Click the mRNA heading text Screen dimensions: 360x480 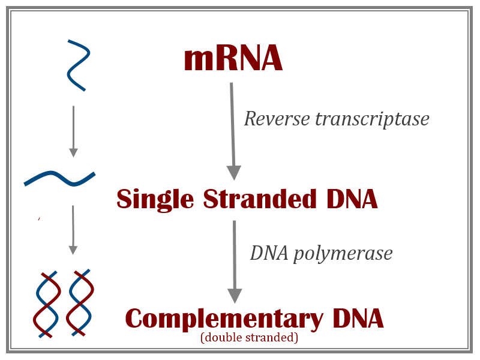(x=233, y=59)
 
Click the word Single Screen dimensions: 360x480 (x=155, y=199)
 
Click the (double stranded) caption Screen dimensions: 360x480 (x=249, y=338)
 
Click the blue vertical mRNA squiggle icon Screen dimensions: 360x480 (x=78, y=65)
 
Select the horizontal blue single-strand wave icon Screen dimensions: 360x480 (x=59, y=178)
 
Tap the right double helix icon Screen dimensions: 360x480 (x=80, y=304)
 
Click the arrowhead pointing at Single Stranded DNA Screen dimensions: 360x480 (x=233, y=172)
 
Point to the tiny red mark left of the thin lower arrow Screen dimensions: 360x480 (x=39, y=219)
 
